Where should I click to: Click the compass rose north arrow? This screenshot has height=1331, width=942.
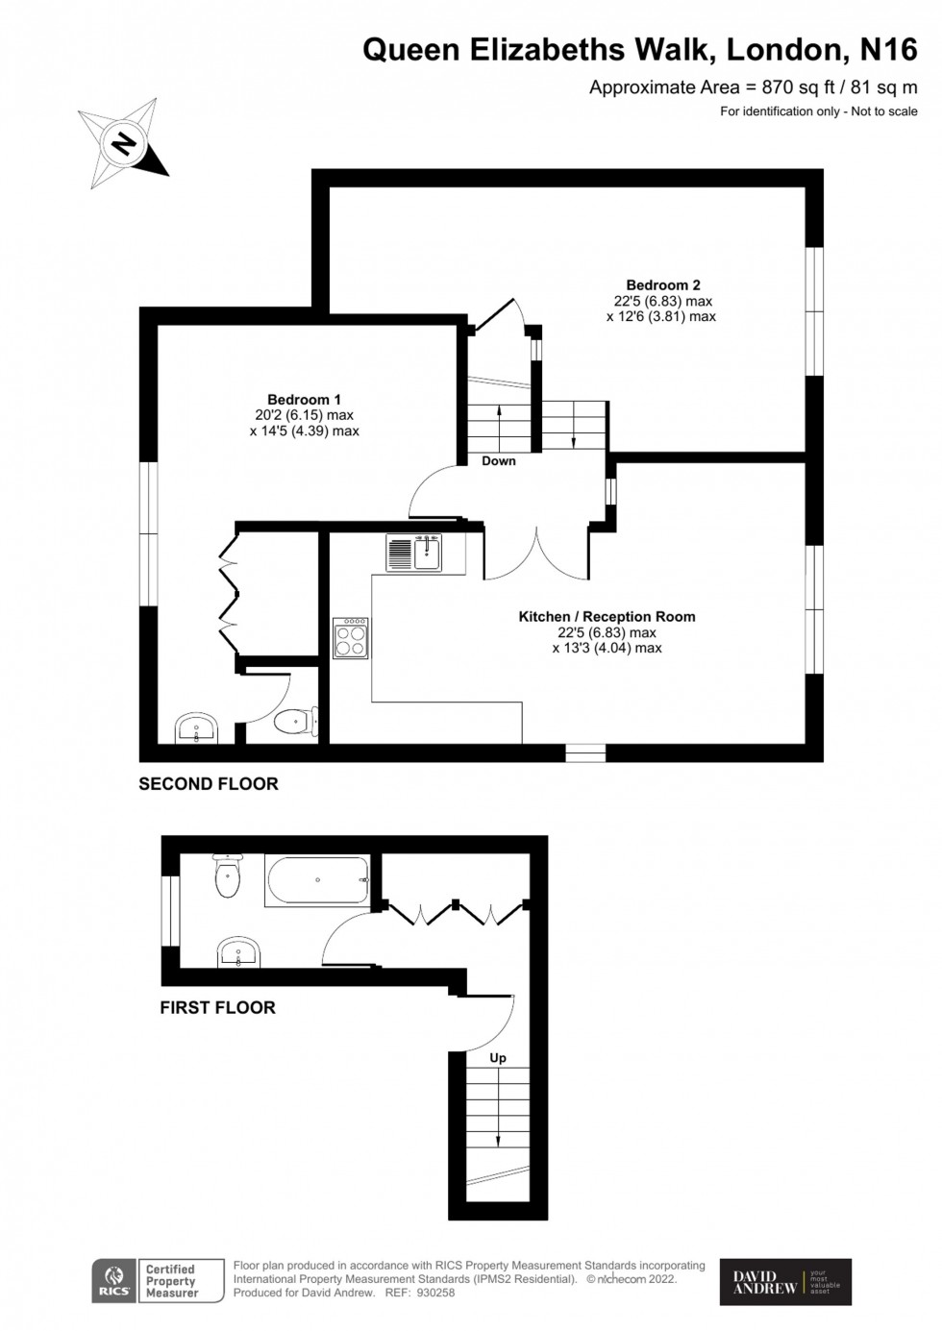[123, 143]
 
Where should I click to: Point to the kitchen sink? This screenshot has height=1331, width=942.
[414, 553]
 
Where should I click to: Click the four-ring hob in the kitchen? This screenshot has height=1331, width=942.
[351, 638]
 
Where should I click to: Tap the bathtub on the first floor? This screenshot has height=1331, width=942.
[317, 880]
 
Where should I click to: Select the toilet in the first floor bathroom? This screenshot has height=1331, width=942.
[228, 875]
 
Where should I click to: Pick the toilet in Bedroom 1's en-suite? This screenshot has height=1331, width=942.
[294, 721]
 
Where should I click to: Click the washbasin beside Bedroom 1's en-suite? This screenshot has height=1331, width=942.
[198, 729]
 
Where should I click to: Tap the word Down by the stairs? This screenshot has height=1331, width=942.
[499, 461]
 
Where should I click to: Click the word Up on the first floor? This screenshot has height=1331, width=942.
[498, 1058]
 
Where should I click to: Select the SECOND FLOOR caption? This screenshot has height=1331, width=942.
[209, 784]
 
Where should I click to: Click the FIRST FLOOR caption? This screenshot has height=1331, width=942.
[217, 1008]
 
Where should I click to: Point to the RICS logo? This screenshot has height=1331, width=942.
[114, 1281]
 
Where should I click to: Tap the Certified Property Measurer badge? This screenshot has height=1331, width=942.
[171, 1281]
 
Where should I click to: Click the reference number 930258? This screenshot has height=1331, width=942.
[434, 1293]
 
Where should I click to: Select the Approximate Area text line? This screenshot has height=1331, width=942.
[753, 87]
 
